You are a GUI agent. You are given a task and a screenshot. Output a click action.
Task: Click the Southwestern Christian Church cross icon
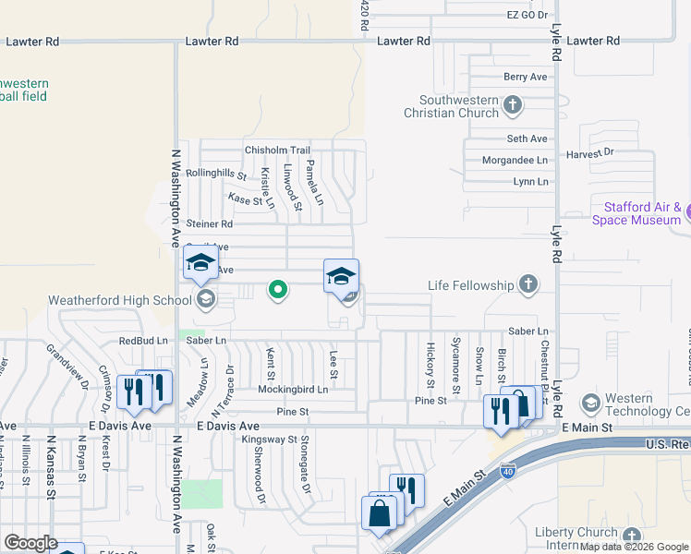pyautogui.click(x=514, y=107)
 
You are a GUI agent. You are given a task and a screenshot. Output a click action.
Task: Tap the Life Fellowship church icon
pyautogui.click(x=528, y=285)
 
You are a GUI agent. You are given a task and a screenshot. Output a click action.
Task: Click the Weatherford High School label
pyautogui.click(x=119, y=300)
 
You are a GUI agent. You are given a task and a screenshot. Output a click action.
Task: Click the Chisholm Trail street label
pyautogui.click(x=277, y=151)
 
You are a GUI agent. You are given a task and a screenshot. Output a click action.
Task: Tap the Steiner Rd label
pyautogui.click(x=209, y=223)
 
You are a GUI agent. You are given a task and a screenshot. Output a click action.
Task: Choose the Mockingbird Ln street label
pyautogui.click(x=293, y=390)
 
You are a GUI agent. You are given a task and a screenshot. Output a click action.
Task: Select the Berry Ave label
pyautogui.click(x=526, y=77)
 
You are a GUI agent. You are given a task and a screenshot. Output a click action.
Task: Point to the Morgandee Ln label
pyautogui.click(x=515, y=160)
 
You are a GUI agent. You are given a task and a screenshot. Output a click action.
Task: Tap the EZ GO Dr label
pyautogui.click(x=527, y=16)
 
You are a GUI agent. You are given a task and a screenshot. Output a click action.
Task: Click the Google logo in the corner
pyautogui.click(x=30, y=543)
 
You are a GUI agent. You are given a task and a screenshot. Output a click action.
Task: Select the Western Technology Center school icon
pyautogui.click(x=590, y=403)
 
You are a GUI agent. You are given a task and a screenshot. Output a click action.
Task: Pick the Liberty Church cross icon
pyautogui.click(x=631, y=536)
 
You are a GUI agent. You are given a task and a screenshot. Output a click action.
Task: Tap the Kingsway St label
pyautogui.click(x=269, y=440)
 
